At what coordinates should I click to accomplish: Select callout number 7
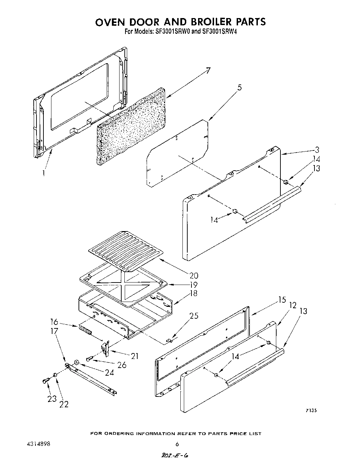coord(208,71)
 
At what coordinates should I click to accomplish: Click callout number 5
coord(239,88)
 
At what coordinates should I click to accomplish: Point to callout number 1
coord(43,173)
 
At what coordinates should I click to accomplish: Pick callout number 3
coord(317,150)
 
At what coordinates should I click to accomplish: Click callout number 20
coord(194,276)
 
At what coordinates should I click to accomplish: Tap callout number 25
coord(194,316)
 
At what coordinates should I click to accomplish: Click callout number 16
coord(54,322)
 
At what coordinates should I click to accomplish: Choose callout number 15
coord(282,299)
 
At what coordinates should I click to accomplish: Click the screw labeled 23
coord(45,381)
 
